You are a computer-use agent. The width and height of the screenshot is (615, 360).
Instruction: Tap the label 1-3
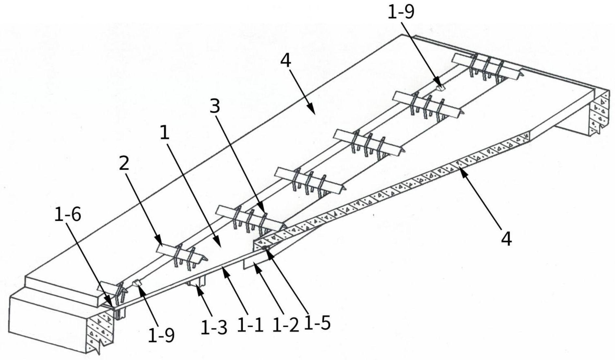(214, 327)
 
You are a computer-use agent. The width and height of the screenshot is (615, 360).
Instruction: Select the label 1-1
(250, 325)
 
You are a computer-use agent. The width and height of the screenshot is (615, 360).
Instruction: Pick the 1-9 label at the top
(401, 12)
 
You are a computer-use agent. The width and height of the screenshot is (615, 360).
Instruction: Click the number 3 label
(215, 106)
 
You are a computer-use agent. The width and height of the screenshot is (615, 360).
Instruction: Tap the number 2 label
(124, 163)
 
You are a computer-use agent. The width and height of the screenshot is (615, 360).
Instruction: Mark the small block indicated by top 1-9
(440, 87)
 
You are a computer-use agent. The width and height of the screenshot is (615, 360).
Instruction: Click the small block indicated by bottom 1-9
(137, 283)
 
